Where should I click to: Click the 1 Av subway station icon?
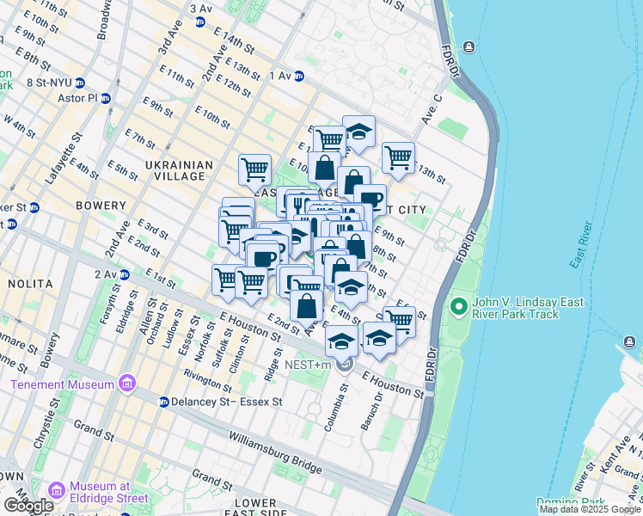299,77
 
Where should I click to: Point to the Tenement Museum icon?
128,382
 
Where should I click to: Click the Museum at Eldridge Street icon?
58,490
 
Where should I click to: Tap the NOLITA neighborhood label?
29,283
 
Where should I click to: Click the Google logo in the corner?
28,505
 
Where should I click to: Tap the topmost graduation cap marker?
358,131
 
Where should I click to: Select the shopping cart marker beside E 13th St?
398,157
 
